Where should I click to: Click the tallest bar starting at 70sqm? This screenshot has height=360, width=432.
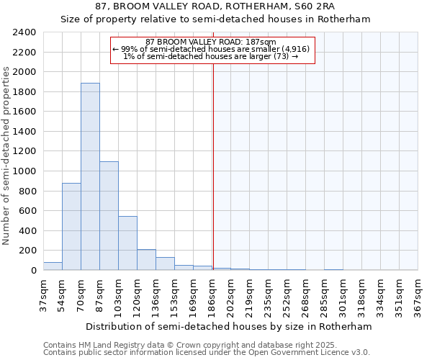point(90,176)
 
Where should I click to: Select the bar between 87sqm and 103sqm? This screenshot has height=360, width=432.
point(109,216)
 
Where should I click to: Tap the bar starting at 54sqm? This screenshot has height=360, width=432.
point(71,227)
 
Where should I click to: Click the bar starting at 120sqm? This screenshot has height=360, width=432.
point(146,260)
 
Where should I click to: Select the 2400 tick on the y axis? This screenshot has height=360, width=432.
point(24,32)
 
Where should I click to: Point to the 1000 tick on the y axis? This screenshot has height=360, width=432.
point(24,171)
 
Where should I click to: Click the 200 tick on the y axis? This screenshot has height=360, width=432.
point(27,251)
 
